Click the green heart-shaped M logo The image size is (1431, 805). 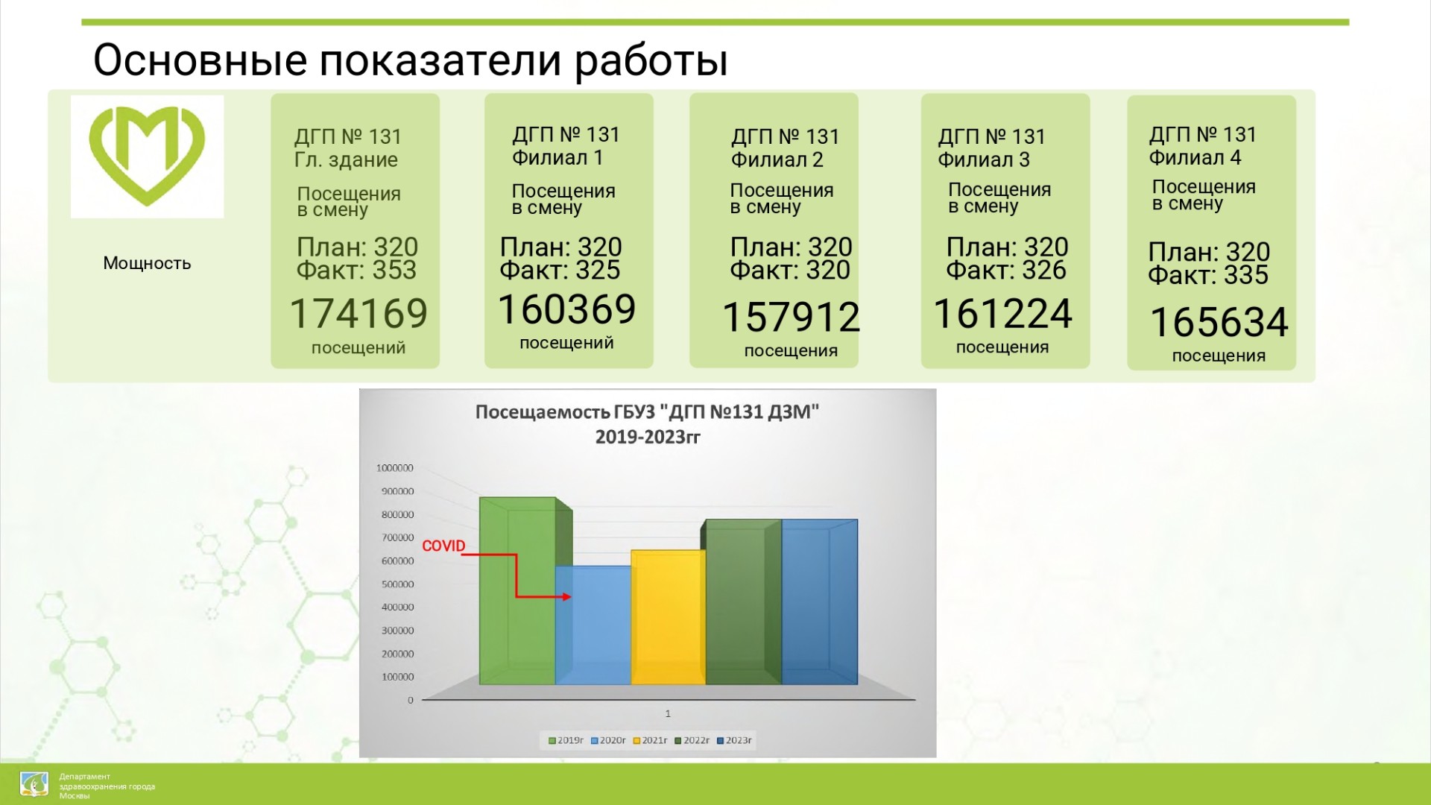click(x=147, y=156)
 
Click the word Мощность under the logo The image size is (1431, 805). click(x=147, y=263)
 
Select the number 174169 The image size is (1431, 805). click(x=358, y=313)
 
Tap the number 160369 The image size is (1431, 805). click(x=566, y=309)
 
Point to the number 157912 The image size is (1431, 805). click(x=792, y=317)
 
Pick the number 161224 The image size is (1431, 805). click(x=1002, y=313)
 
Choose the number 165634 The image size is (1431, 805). click(x=1219, y=322)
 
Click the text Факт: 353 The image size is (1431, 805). click(x=356, y=270)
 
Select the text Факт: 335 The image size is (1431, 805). click(x=1208, y=275)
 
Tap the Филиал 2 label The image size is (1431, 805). click(x=777, y=160)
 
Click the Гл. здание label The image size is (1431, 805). click(x=346, y=160)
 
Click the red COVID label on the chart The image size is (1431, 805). click(x=443, y=546)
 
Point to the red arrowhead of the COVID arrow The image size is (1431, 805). click(x=567, y=597)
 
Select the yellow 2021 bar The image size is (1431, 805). click(x=668, y=617)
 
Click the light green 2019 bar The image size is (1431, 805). click(x=518, y=591)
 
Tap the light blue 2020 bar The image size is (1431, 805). click(x=593, y=625)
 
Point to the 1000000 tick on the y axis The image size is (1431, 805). click(x=394, y=468)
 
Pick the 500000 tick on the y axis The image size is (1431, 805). click(x=397, y=584)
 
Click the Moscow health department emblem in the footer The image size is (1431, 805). click(x=34, y=785)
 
